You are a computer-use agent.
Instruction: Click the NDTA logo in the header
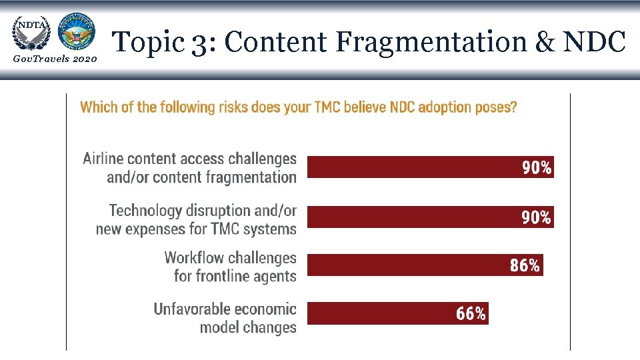[30, 31]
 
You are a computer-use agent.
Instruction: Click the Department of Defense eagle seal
[76, 31]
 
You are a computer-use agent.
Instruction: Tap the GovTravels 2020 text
[55, 60]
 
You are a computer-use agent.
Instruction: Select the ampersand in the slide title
[545, 42]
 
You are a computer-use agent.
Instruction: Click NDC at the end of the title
[594, 42]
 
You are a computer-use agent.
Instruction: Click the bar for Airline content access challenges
[430, 167]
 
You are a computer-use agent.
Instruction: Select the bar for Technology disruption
[430, 217]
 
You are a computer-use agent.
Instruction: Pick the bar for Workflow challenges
[425, 265]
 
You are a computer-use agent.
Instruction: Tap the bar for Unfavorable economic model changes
[397, 313]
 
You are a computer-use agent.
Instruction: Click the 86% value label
[525, 265]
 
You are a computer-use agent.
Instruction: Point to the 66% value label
[471, 314]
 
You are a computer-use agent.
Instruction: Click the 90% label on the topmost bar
[536, 168]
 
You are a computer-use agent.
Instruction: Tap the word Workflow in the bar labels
[194, 257]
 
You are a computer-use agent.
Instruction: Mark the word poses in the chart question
[496, 107]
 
